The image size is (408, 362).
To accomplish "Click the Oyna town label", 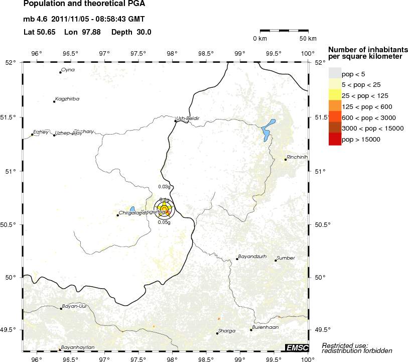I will [x=68, y=70].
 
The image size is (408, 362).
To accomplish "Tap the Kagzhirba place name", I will [x=67, y=99].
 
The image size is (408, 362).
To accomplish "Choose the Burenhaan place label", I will [x=264, y=327].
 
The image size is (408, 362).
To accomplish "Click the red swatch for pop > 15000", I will [x=335, y=140].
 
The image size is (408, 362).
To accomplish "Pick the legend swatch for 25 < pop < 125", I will [x=335, y=95].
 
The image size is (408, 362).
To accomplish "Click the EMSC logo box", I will [x=297, y=347].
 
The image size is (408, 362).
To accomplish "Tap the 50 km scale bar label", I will [x=308, y=39].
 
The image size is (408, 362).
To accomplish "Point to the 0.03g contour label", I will [x=165, y=187].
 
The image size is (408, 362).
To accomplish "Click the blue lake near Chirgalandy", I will [x=132, y=209].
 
